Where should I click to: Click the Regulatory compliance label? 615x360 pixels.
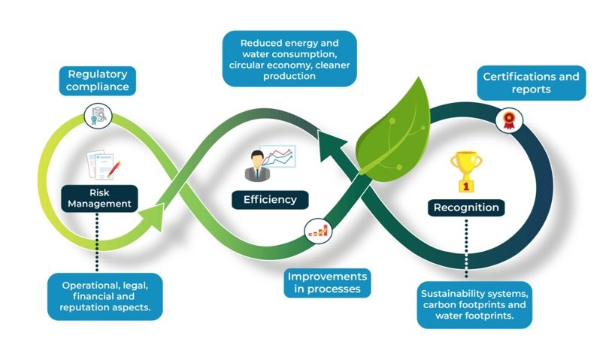(97, 80)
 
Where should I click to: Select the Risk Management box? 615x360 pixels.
(99, 198)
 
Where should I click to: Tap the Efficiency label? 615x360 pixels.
(270, 200)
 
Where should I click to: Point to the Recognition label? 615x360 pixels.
(466, 207)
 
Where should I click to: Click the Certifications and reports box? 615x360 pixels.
(532, 83)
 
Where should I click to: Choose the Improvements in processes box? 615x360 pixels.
(327, 283)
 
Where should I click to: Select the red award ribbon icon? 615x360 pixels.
(509, 120)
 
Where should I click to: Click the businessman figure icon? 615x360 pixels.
(257, 166)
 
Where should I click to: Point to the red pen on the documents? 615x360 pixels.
(114, 168)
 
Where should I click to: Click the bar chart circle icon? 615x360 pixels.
(319, 231)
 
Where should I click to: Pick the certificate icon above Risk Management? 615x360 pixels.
(98, 116)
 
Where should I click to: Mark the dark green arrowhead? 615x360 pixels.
(332, 146)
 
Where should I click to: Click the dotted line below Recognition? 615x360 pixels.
(466, 248)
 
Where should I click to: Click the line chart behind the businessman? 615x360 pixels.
(277, 156)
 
